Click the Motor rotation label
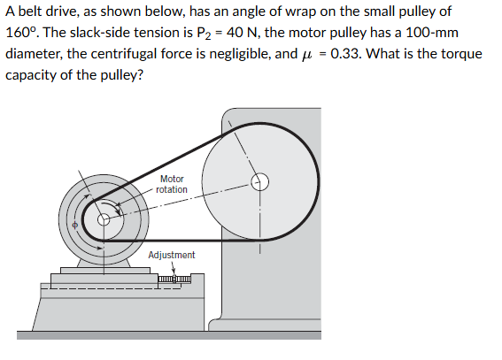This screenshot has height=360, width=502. point(172,184)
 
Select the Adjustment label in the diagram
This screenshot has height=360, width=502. point(172,255)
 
